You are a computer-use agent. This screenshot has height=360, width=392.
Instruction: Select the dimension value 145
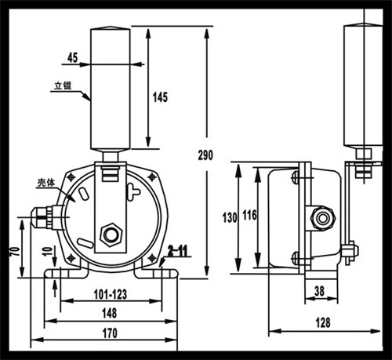160,97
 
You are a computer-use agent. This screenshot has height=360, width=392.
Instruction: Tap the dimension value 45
73,56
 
